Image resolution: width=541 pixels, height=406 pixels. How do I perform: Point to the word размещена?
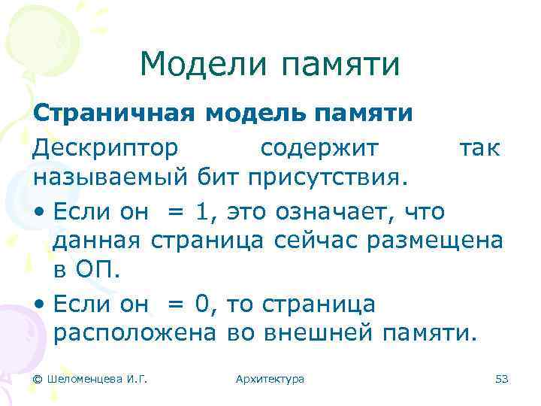436,242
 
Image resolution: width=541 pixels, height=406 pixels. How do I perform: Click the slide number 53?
502,379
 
